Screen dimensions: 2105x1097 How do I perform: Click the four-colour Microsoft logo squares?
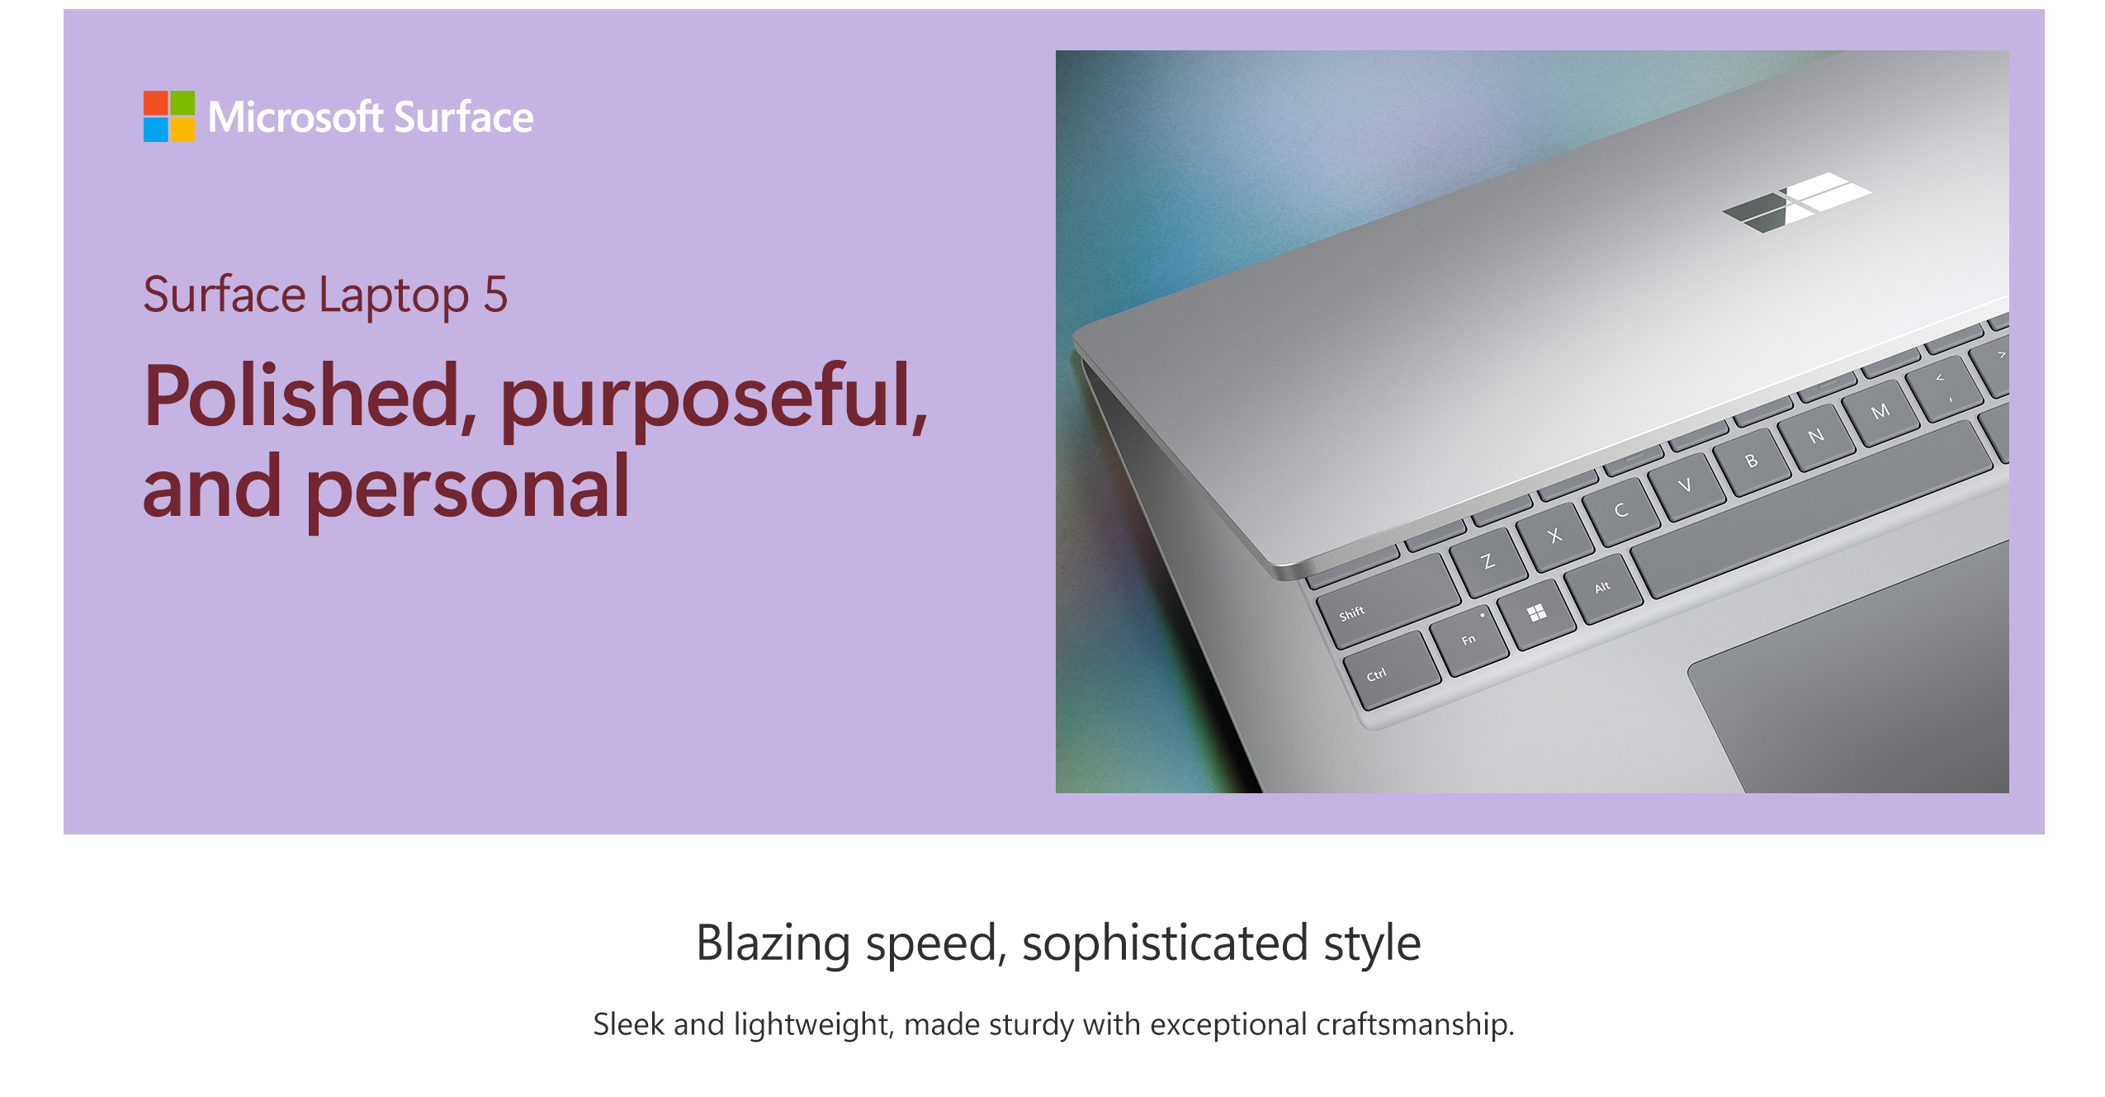[169, 116]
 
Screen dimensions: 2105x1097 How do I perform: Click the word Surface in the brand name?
[464, 117]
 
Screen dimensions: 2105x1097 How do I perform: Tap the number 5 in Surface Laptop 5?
[495, 295]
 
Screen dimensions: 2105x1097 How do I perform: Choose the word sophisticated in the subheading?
[1165, 943]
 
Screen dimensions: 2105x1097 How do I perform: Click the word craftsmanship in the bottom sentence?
[1415, 1024]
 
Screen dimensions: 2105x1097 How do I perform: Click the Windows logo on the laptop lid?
[1796, 202]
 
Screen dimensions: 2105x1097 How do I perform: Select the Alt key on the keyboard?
[1606, 587]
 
